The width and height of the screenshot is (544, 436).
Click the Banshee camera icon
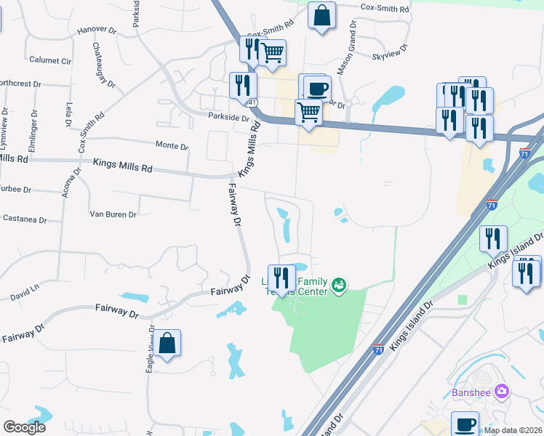click(x=501, y=392)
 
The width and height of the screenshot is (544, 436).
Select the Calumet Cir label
click(x=50, y=60)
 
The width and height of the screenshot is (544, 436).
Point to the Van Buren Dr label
click(x=113, y=214)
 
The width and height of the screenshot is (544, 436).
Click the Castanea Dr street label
click(x=24, y=219)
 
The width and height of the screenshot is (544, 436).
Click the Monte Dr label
click(x=172, y=145)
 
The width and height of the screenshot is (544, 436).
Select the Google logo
click(x=24, y=427)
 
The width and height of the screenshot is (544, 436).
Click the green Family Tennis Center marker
click(x=338, y=285)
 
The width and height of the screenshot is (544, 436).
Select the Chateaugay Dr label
click(x=103, y=65)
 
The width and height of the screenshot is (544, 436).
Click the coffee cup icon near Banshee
click(x=465, y=424)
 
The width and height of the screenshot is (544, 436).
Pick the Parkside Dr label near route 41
click(x=229, y=116)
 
